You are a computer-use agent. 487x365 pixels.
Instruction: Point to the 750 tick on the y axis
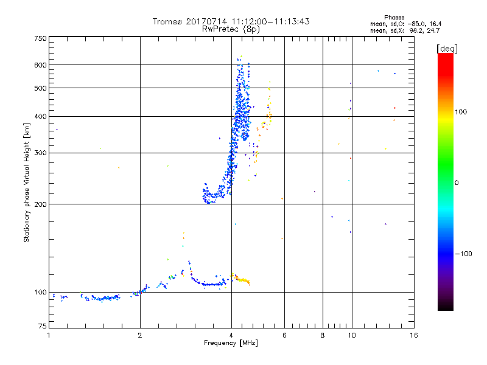click(x=40, y=38)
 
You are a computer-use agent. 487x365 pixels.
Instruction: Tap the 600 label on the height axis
click(x=40, y=65)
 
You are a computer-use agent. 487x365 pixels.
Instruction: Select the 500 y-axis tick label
click(x=40, y=88)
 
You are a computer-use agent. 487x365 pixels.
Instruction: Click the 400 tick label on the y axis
click(x=40, y=117)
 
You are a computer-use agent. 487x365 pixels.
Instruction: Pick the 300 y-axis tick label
click(x=40, y=153)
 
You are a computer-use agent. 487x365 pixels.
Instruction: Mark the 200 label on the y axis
click(x=40, y=204)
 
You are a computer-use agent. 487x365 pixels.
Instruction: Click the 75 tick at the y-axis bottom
click(x=42, y=328)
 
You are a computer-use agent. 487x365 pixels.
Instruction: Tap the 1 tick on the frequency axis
click(x=49, y=336)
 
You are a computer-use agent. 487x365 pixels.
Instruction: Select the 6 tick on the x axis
click(x=284, y=336)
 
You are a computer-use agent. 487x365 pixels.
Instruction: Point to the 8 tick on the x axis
click(x=323, y=336)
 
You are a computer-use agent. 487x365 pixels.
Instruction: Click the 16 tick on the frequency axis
click(x=413, y=336)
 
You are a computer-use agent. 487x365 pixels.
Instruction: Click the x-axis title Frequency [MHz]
click(x=231, y=344)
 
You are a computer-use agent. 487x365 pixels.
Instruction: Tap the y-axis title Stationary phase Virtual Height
click(x=27, y=182)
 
